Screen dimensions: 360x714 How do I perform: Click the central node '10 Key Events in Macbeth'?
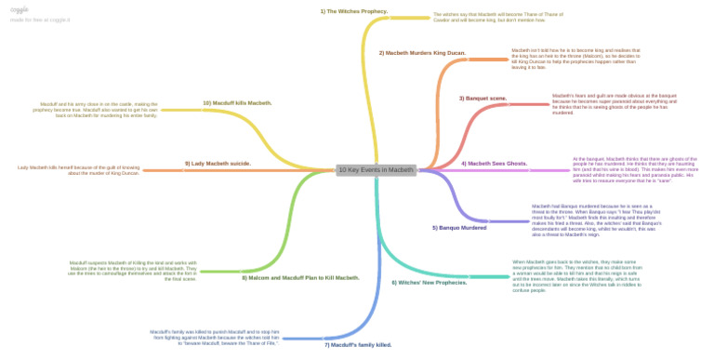[x=376, y=170]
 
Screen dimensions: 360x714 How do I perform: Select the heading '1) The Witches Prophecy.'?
[x=353, y=11]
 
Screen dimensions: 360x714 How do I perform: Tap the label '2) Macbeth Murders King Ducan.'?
[x=422, y=53]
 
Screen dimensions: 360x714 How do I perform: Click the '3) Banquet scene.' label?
[x=483, y=98]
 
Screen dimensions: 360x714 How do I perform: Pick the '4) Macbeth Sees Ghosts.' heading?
[x=494, y=163]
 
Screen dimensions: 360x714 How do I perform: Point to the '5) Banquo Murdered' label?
[x=459, y=227]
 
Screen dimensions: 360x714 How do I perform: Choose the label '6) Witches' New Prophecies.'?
[x=429, y=282]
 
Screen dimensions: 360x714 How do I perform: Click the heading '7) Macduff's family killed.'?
[x=358, y=344]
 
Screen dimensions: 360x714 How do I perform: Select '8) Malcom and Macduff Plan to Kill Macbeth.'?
[x=300, y=277]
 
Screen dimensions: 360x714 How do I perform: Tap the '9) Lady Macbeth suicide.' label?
[x=218, y=163]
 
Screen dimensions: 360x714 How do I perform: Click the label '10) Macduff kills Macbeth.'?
[x=237, y=102]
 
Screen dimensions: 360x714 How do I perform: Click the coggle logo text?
[x=19, y=7]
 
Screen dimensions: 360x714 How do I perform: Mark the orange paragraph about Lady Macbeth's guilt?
[x=78, y=170]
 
